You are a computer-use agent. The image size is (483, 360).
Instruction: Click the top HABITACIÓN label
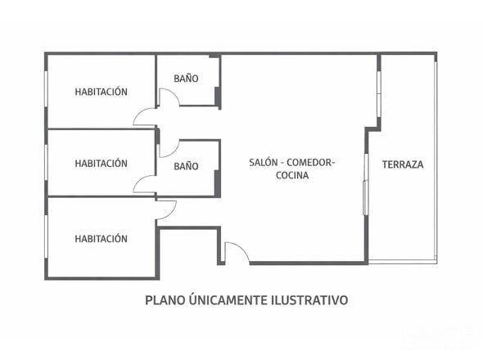101,92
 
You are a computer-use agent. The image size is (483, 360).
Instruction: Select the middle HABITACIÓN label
101,164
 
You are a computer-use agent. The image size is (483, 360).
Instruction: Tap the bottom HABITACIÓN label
101,239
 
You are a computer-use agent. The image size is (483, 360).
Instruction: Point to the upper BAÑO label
186,79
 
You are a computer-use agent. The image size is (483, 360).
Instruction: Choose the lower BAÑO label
186,166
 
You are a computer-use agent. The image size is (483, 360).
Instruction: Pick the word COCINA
292,176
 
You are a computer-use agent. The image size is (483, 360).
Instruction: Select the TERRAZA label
403,164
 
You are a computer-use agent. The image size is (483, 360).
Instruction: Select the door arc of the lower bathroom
169,147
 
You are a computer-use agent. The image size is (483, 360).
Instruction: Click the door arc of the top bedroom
145,116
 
